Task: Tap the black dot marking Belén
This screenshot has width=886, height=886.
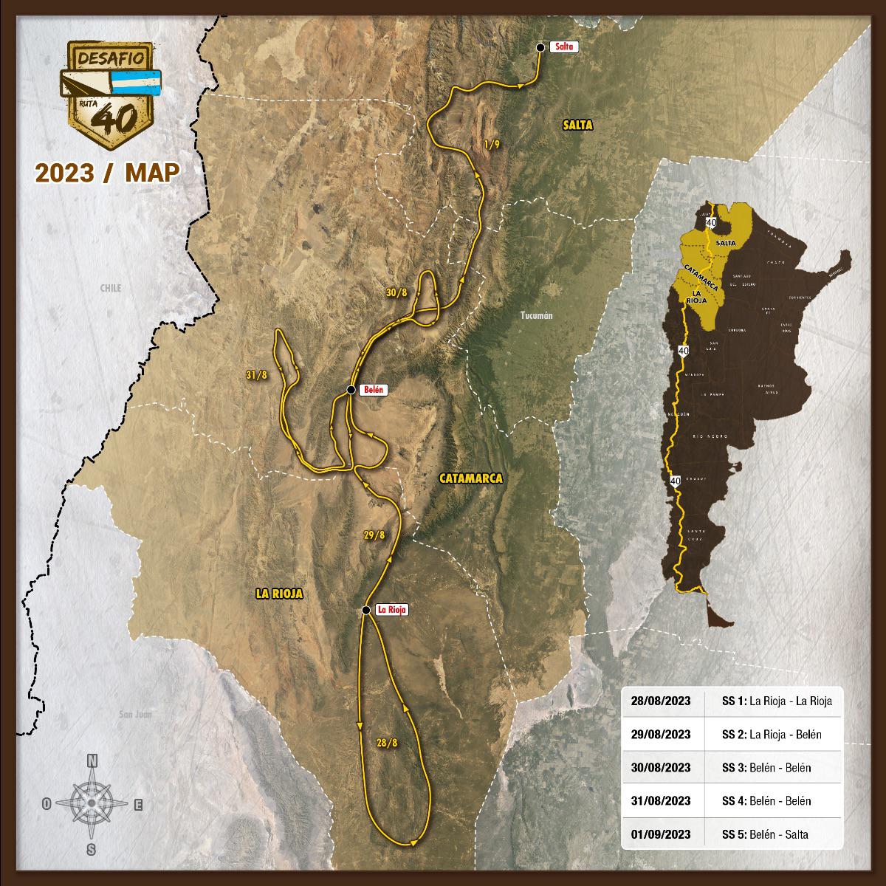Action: coord(351,390)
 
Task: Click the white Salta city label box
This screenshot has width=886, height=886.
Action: coord(563,47)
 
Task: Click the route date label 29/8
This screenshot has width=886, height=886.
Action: coord(375,535)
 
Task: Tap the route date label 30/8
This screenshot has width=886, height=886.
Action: coord(396,293)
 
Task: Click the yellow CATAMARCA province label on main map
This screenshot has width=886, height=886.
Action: coord(470,478)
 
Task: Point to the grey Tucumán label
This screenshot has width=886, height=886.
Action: coord(536,316)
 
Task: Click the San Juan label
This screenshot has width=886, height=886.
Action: coord(141,714)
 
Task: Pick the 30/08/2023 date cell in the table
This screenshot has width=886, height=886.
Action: coord(661,768)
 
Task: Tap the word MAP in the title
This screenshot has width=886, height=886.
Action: coord(153,172)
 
